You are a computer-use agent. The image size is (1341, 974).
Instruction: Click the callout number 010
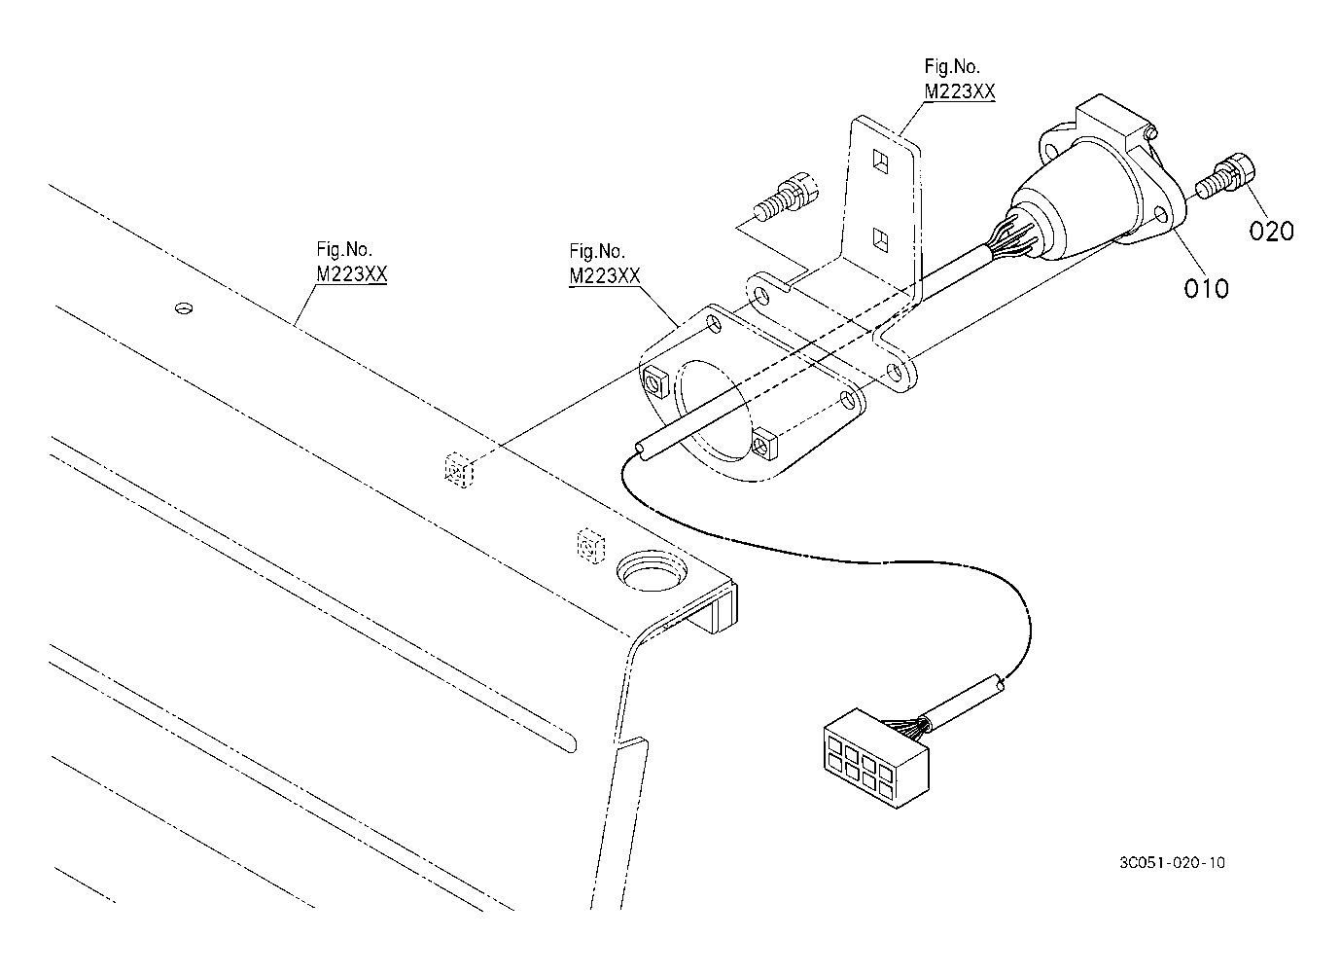tap(1206, 289)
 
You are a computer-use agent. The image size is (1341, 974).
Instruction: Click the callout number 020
tap(1272, 232)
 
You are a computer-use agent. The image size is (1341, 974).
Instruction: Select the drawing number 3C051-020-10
tap(1172, 862)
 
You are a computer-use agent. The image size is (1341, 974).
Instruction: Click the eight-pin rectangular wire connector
tap(876, 757)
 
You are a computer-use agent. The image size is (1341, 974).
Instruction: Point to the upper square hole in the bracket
tap(881, 162)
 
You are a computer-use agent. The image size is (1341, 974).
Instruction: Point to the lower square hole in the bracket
tap(880, 239)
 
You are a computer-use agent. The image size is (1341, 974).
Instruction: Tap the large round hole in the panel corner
tap(652, 570)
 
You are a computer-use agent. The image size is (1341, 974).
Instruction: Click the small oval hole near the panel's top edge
tap(184, 308)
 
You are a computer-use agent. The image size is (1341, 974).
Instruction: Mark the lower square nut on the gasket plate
tap(764, 445)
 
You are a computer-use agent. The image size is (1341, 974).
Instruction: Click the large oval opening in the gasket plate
tap(713, 410)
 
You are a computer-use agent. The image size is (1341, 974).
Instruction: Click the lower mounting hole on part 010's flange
tap(1160, 214)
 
